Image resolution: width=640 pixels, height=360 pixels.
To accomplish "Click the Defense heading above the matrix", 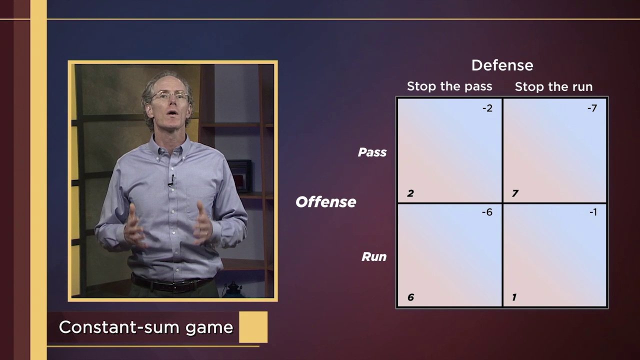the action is pyautogui.click(x=502, y=65).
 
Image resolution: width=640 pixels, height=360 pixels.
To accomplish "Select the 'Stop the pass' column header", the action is pyautogui.click(x=449, y=86).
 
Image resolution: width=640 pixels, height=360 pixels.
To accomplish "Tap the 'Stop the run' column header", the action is pyautogui.click(x=553, y=87).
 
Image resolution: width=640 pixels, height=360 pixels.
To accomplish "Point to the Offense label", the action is pyautogui.click(x=325, y=202).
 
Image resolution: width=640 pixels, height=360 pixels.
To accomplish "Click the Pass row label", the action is pyautogui.click(x=372, y=152).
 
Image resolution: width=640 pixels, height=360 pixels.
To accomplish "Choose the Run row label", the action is pyautogui.click(x=374, y=257).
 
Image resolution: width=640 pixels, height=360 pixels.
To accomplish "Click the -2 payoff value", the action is pyautogui.click(x=487, y=108).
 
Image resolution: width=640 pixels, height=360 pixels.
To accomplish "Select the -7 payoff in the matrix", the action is pyautogui.click(x=592, y=108).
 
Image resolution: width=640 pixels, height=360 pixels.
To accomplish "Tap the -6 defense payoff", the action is pyautogui.click(x=487, y=212).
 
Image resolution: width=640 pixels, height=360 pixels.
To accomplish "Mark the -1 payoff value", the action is pyautogui.click(x=593, y=212).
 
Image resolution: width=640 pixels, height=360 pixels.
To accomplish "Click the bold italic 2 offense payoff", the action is pyautogui.click(x=410, y=193).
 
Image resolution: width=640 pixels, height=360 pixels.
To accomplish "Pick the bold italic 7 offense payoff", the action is pyautogui.click(x=515, y=193).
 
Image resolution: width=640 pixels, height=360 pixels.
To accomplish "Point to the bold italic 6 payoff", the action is pyautogui.click(x=410, y=297).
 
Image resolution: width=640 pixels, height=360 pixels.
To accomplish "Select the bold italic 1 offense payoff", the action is pyautogui.click(x=514, y=297).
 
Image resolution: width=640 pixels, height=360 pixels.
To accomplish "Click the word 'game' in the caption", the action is pyautogui.click(x=209, y=328).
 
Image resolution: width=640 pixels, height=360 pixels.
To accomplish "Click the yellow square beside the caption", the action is pyautogui.click(x=253, y=327).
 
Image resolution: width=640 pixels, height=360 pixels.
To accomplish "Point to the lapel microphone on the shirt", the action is pyautogui.click(x=171, y=180).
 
